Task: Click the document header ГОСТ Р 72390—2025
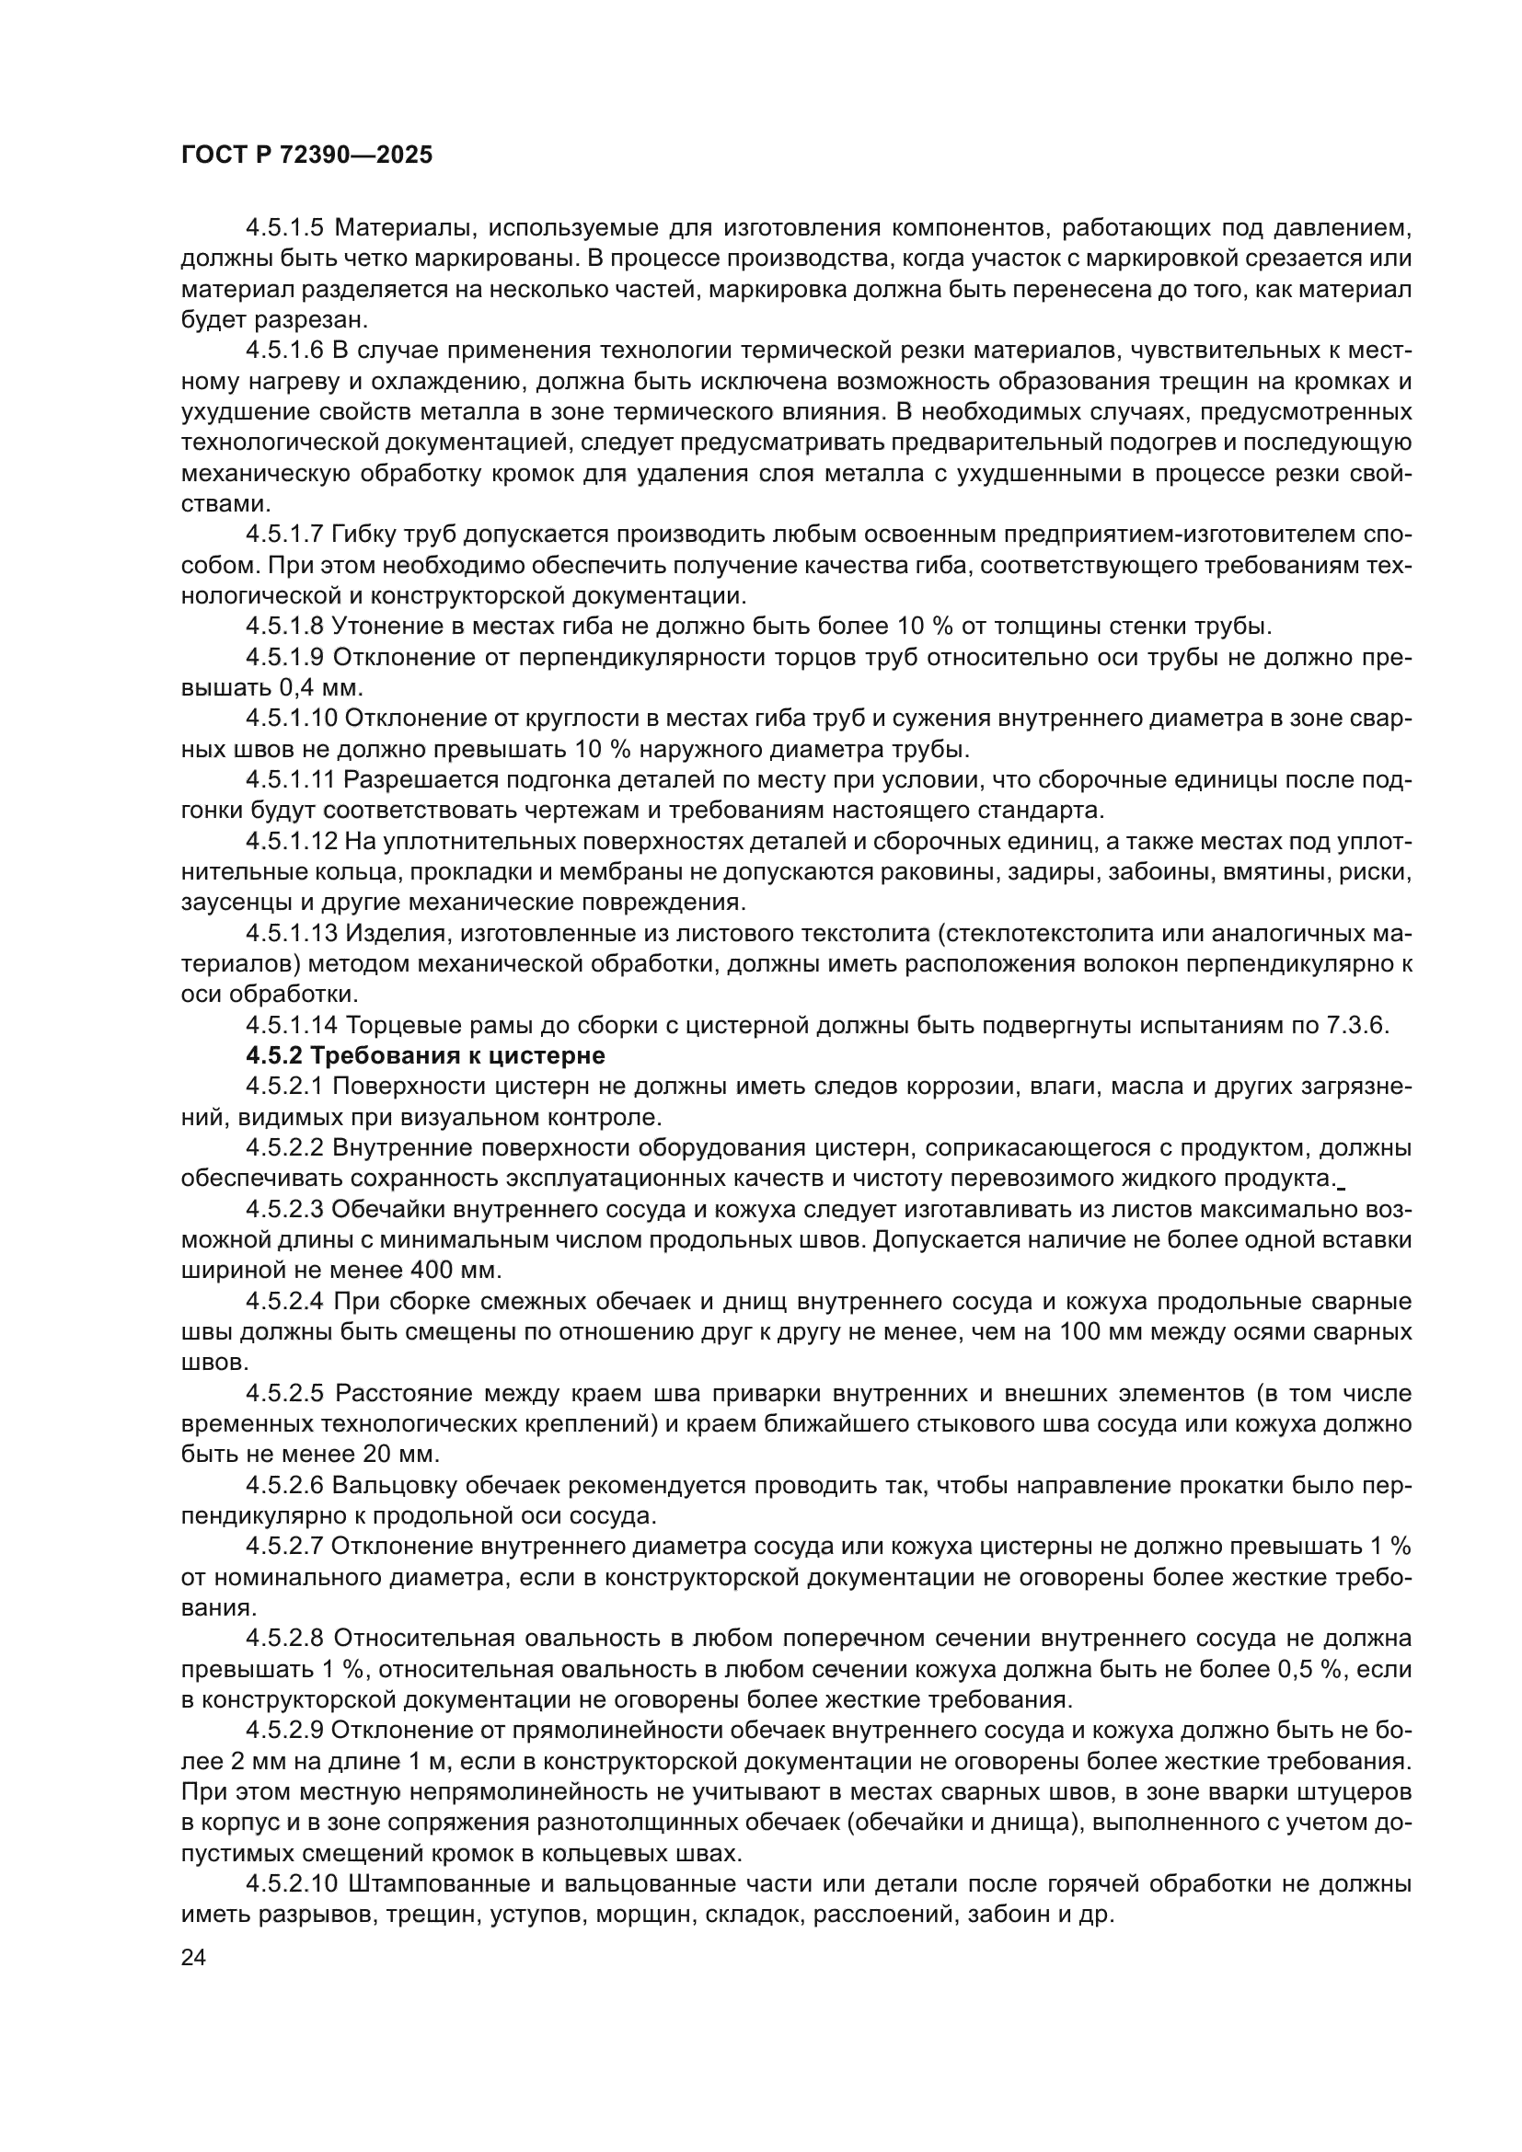(306, 155)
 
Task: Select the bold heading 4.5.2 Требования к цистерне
(425, 1055)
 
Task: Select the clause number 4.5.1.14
(291, 1025)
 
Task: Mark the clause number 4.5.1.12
(291, 841)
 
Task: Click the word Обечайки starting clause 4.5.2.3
(386, 1209)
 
